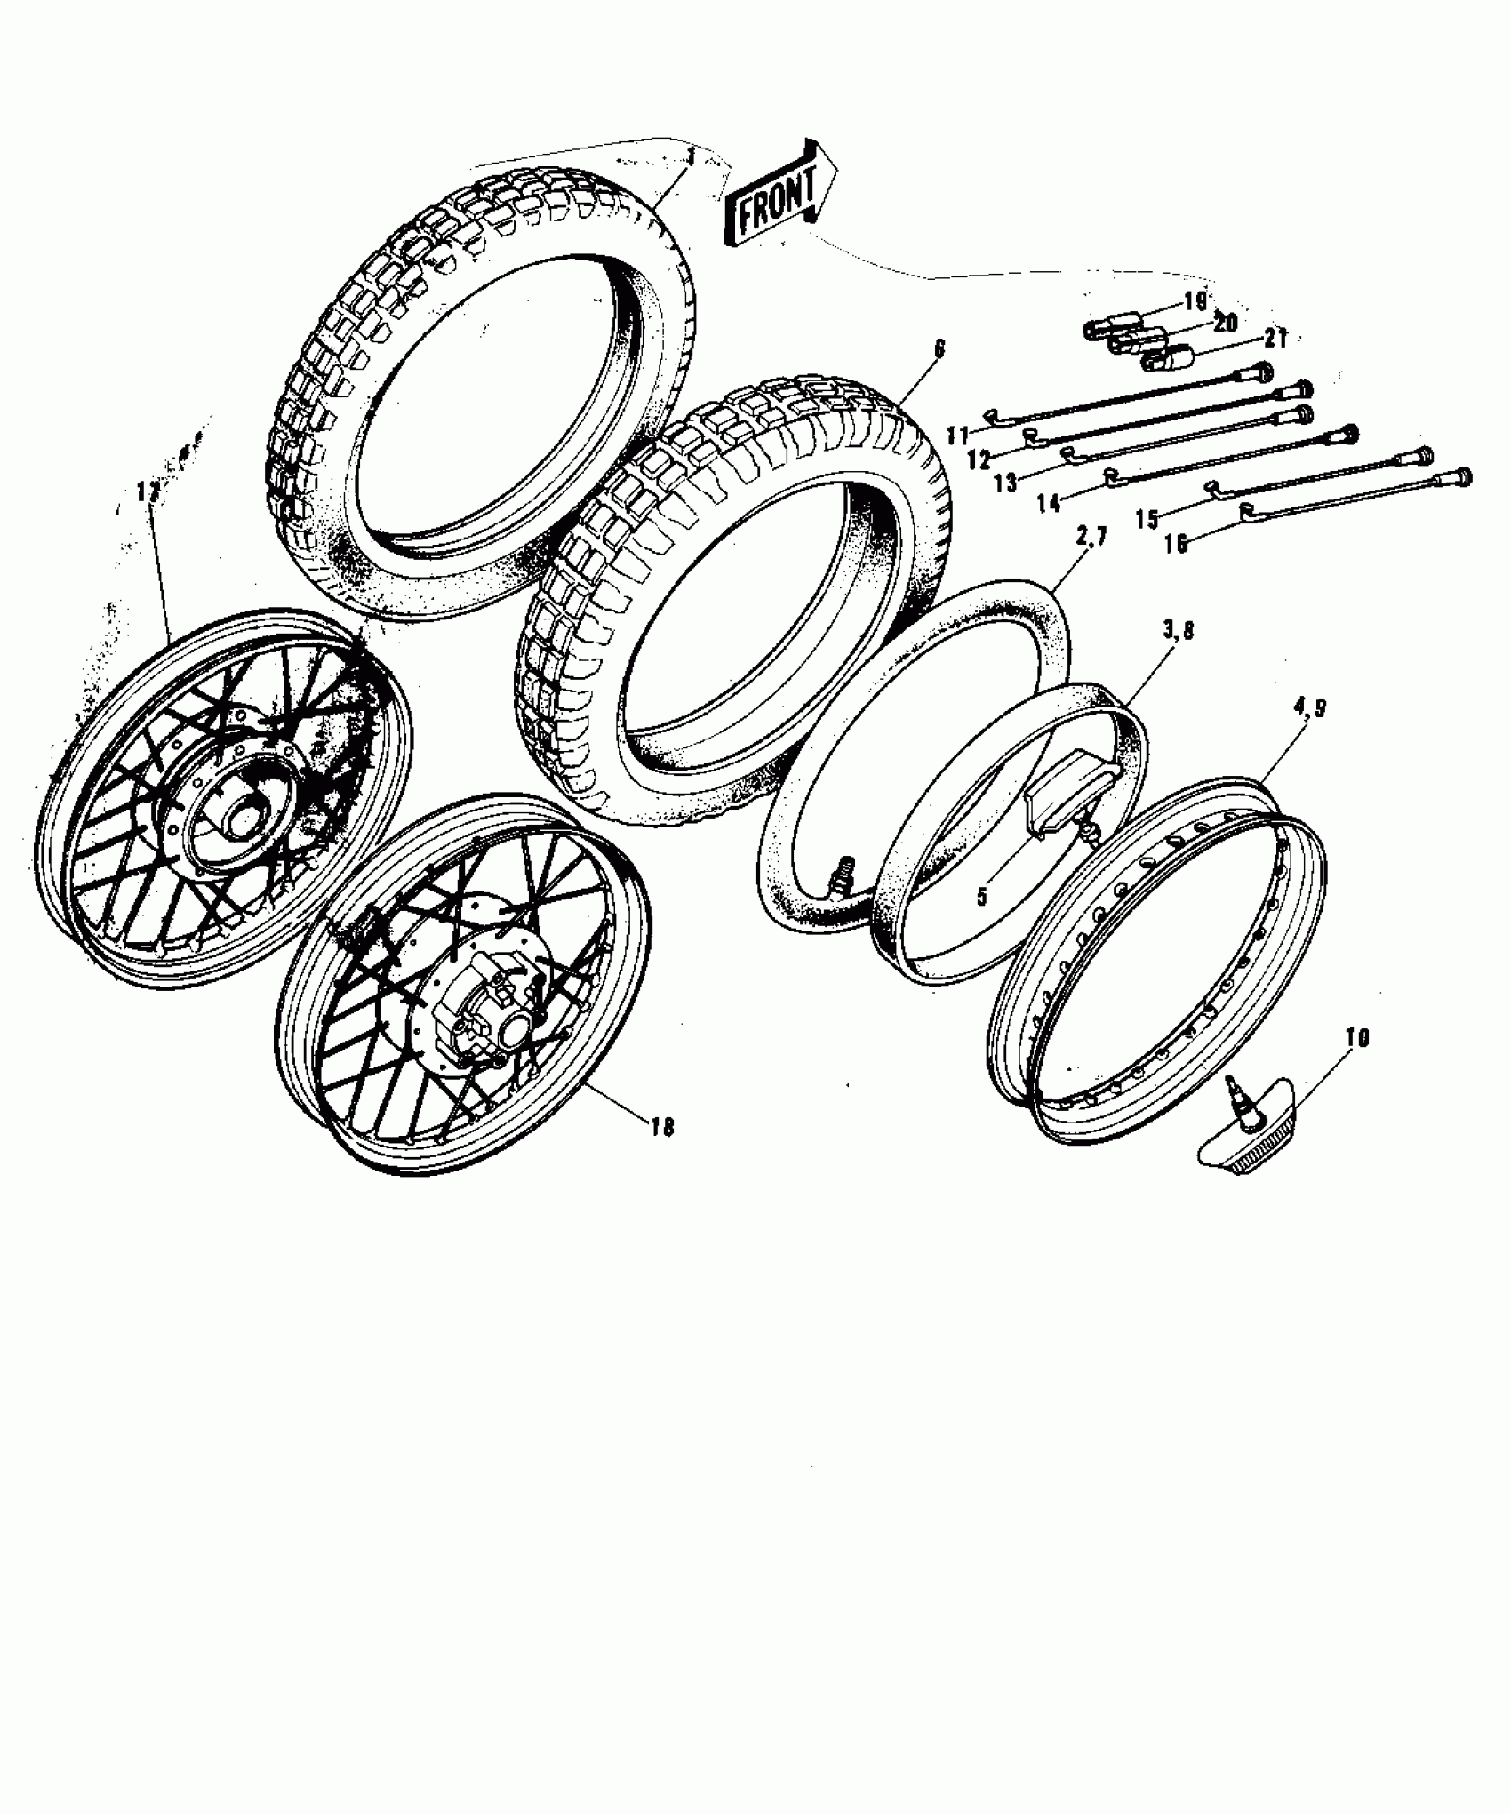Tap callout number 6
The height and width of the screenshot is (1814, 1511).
pos(939,349)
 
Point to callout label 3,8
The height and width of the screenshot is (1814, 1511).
pos(1177,631)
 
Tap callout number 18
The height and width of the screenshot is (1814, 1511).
pos(662,1127)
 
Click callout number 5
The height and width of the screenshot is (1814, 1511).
pos(981,897)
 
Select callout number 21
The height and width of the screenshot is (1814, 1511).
pos(1276,339)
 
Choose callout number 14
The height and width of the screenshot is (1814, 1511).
pos(1049,504)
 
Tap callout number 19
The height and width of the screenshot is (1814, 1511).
pos(1195,301)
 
